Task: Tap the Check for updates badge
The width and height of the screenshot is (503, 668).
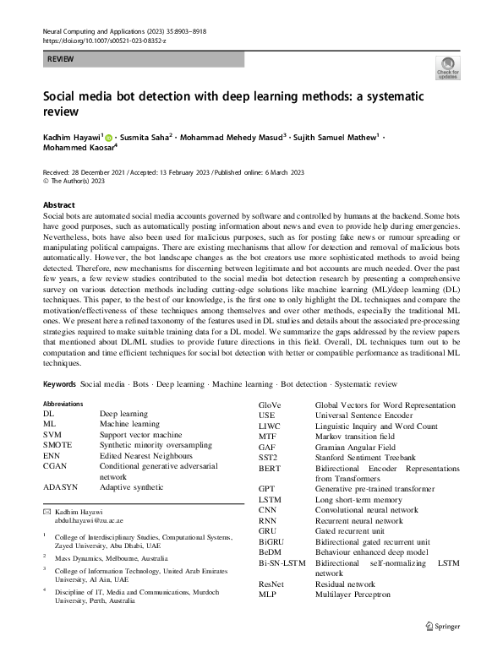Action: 447,68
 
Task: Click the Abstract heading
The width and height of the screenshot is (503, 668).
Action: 59,205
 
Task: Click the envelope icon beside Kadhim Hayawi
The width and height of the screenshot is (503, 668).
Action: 46,513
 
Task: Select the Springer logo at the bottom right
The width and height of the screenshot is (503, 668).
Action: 444,649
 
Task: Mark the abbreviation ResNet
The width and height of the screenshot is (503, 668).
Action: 272,584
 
